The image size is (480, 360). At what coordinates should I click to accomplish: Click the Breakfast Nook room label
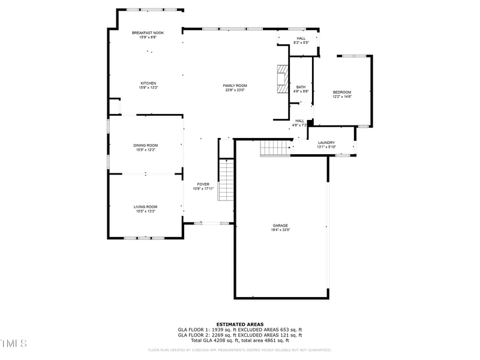point(148,32)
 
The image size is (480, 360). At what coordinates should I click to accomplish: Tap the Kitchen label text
point(148,83)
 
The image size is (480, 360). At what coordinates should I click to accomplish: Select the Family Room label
point(236,86)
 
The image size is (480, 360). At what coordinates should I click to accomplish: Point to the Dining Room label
point(145,145)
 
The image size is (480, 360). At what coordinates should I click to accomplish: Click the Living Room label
point(145,206)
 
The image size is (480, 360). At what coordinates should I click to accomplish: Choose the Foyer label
point(203,184)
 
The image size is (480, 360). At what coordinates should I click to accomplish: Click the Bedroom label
point(342,92)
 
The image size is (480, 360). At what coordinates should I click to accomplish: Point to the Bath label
point(301,87)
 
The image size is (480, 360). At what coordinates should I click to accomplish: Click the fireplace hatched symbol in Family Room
point(282,79)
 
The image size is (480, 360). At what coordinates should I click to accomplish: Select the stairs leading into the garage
point(275,148)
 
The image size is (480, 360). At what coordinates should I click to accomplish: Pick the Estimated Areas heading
point(240,324)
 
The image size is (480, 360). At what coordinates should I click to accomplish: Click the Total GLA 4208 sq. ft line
point(240,340)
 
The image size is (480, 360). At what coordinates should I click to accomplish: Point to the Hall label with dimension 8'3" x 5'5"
point(301,40)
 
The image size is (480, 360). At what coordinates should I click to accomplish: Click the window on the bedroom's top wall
point(354,56)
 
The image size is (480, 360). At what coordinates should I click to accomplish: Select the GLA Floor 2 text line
point(240,335)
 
